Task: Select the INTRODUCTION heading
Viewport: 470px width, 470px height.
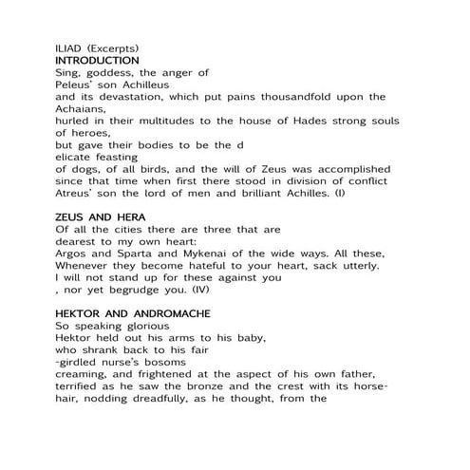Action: (98, 60)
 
